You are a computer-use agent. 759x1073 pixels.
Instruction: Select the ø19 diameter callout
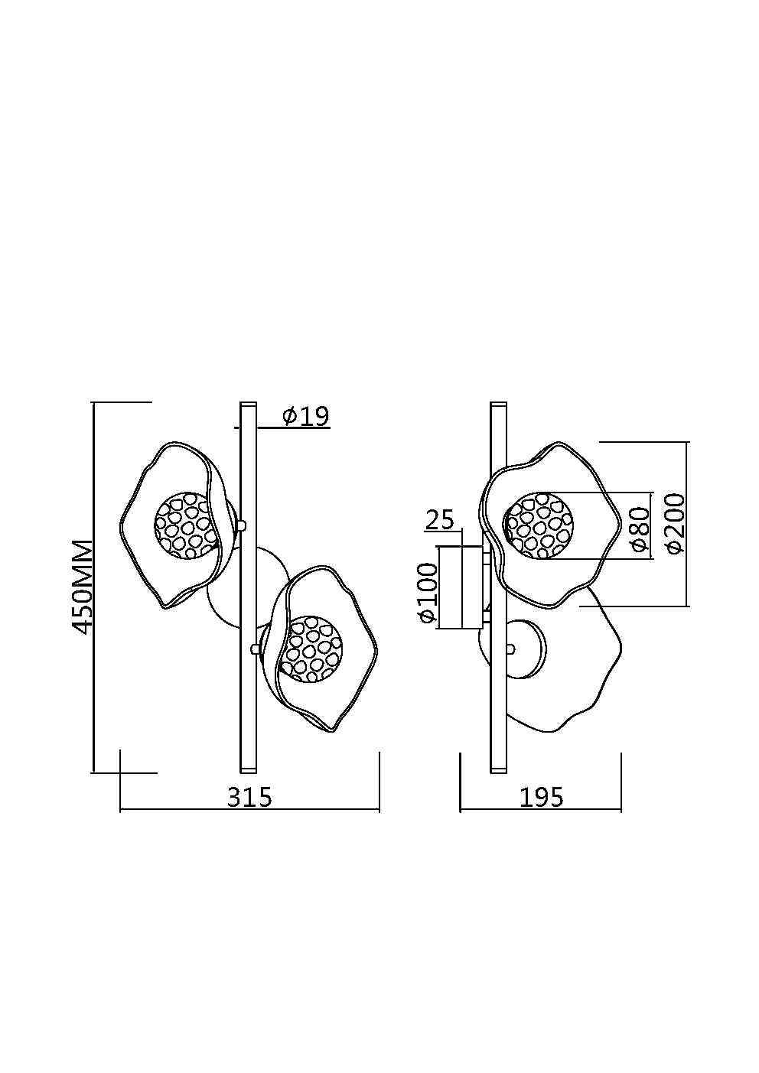click(305, 416)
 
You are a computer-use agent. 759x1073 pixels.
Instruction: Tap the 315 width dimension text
click(249, 797)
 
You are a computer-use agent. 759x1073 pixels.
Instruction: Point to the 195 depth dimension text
click(541, 797)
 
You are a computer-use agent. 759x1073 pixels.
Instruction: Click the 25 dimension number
click(440, 520)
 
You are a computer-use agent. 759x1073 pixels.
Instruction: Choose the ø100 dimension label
click(427, 593)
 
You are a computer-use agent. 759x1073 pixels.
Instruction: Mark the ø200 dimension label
click(675, 523)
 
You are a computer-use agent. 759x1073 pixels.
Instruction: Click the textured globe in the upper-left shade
click(187, 525)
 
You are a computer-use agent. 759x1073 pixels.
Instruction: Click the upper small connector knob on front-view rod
click(242, 525)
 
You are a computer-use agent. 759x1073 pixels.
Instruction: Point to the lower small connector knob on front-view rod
click(254, 649)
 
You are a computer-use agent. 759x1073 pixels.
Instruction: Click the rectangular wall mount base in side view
click(459, 587)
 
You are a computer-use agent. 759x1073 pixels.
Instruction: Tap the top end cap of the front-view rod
click(249, 405)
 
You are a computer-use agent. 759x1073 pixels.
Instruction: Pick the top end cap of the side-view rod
click(498, 405)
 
